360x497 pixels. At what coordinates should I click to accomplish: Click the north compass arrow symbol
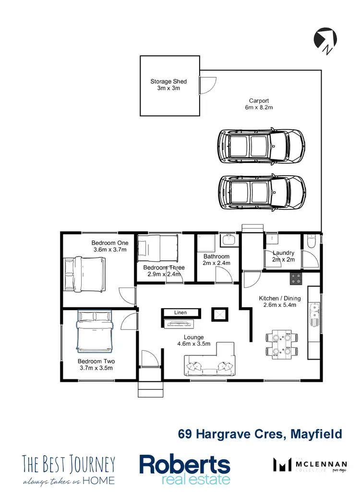[324, 38]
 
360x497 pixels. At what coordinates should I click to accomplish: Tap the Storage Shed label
[168, 85]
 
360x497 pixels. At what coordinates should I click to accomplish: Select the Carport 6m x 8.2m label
[259, 104]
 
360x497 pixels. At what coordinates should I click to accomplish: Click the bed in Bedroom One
[85, 274]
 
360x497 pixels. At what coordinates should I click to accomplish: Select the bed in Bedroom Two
[95, 330]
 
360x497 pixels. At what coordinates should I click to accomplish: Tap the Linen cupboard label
[180, 313]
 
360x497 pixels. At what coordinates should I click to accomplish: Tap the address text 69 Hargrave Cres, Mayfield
[260, 434]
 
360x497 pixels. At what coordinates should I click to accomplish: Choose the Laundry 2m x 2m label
[283, 256]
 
